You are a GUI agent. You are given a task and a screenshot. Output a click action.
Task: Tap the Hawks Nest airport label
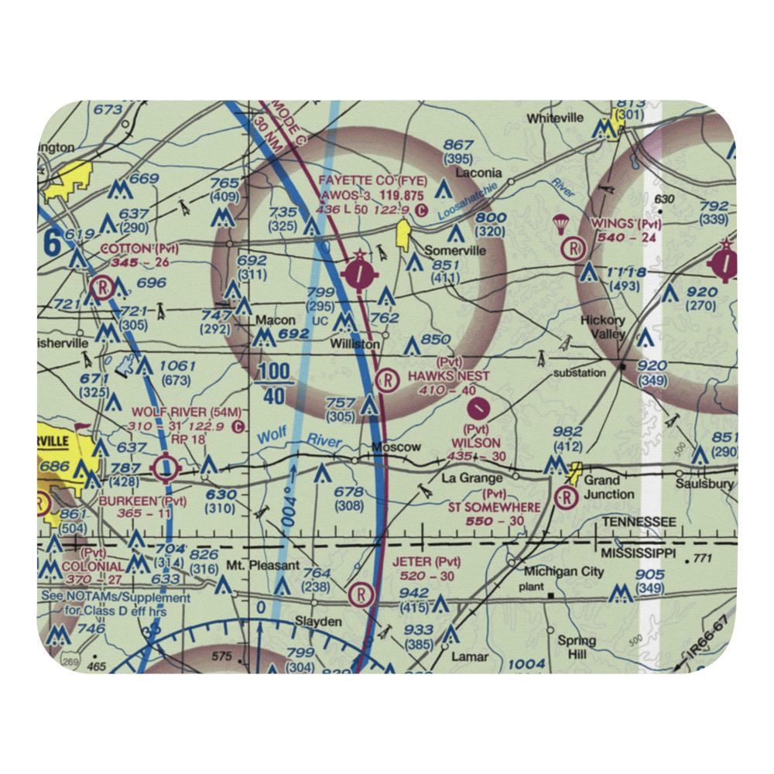(x=450, y=376)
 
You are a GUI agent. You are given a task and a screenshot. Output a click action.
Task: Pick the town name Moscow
(x=396, y=447)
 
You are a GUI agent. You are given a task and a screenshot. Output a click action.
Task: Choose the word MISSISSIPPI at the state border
(x=639, y=555)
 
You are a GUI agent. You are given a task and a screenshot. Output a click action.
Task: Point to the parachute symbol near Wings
(x=560, y=225)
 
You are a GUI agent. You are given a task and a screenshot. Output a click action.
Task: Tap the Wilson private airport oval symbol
(x=481, y=405)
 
